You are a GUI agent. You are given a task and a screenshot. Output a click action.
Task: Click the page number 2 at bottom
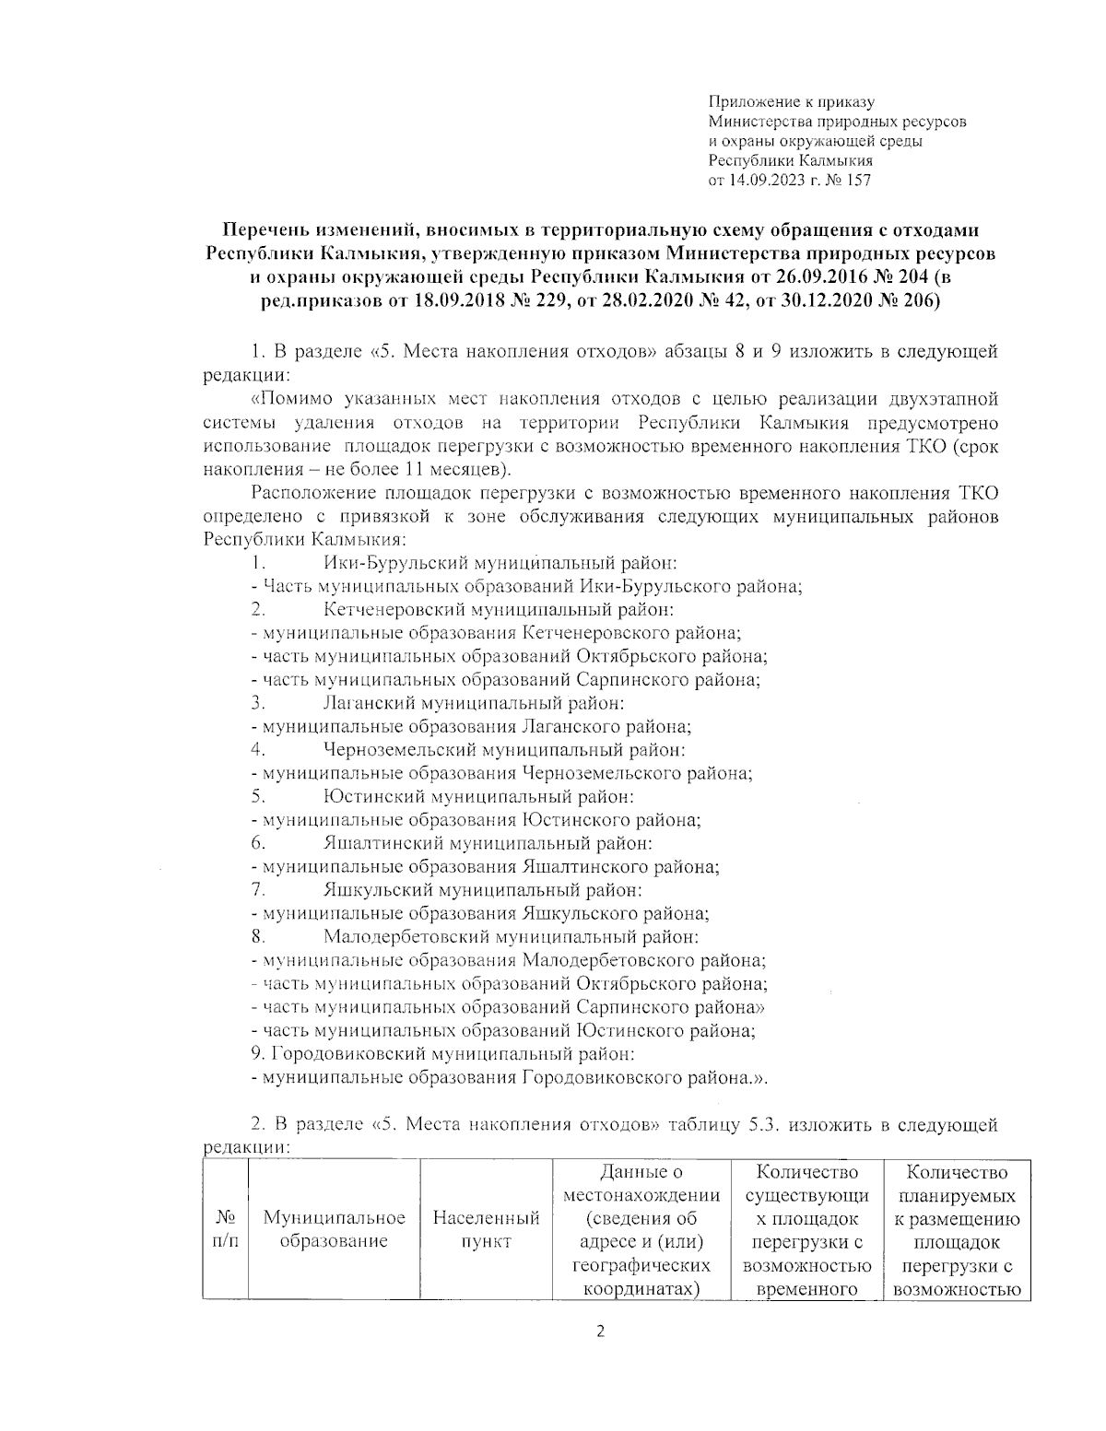click(x=600, y=1331)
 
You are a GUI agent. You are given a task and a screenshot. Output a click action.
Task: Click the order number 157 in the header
click(x=857, y=181)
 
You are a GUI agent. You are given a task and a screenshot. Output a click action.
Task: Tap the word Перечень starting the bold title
click(x=270, y=229)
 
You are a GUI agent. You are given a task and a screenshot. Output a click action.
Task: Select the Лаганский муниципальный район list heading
click(x=474, y=703)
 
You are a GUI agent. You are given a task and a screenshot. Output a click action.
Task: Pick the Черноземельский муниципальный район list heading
click(x=504, y=750)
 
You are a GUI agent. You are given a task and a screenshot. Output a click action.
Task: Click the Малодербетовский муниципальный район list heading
click(x=511, y=937)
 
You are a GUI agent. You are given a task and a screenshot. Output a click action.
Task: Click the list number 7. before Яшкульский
click(x=258, y=890)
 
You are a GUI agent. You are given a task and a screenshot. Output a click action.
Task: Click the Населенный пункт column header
click(x=486, y=1229)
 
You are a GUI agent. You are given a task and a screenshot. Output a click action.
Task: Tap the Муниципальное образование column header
click(x=335, y=1229)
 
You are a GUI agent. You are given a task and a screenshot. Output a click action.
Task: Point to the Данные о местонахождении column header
click(x=641, y=1184)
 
